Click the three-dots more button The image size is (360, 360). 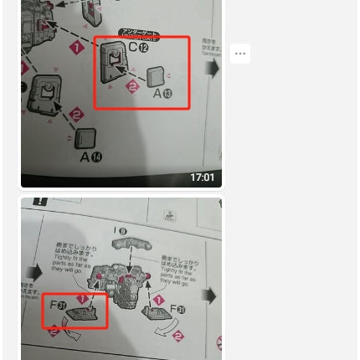point(240,54)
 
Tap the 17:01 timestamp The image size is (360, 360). point(202,177)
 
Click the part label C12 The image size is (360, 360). point(138,48)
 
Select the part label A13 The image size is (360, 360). point(162,93)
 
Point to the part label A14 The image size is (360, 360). point(90,157)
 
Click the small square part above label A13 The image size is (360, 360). point(156,78)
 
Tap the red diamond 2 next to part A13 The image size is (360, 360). point(132,87)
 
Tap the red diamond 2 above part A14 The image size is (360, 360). point(76,114)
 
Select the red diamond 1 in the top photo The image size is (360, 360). point(77,48)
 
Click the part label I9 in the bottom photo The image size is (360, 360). point(121,231)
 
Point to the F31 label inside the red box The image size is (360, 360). point(59,306)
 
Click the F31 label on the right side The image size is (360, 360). point(177,310)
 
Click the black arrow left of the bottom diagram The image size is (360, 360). point(34,273)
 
